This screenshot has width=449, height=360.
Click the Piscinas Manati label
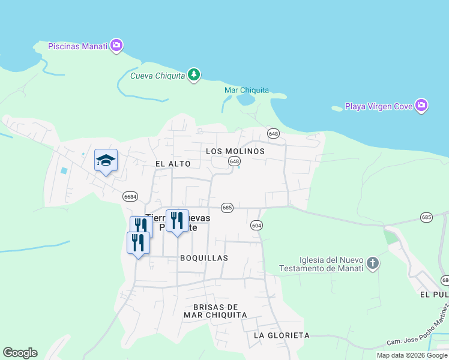[x=77, y=46]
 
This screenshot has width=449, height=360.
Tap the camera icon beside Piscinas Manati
[x=116, y=46]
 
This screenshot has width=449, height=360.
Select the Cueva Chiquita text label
[x=158, y=75]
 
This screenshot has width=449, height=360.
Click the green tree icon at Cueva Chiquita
[x=193, y=74]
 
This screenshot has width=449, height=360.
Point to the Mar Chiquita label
[x=246, y=91]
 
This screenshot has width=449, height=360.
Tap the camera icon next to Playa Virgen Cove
[x=421, y=106]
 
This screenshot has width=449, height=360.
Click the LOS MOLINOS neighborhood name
[x=235, y=151]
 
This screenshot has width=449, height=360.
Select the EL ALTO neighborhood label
[x=173, y=164]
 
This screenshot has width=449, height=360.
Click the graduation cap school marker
[x=106, y=160]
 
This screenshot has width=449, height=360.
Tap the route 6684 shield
[x=130, y=196]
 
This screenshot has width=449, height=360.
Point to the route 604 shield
[x=256, y=224]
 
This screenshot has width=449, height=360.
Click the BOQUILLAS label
[x=204, y=257]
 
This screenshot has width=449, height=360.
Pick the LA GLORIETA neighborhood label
[x=282, y=335]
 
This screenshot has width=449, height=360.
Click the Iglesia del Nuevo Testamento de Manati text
[x=322, y=264]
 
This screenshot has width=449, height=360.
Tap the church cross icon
[x=373, y=263]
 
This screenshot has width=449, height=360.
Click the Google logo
[x=20, y=353]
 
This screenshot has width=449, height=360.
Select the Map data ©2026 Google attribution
[x=412, y=355]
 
